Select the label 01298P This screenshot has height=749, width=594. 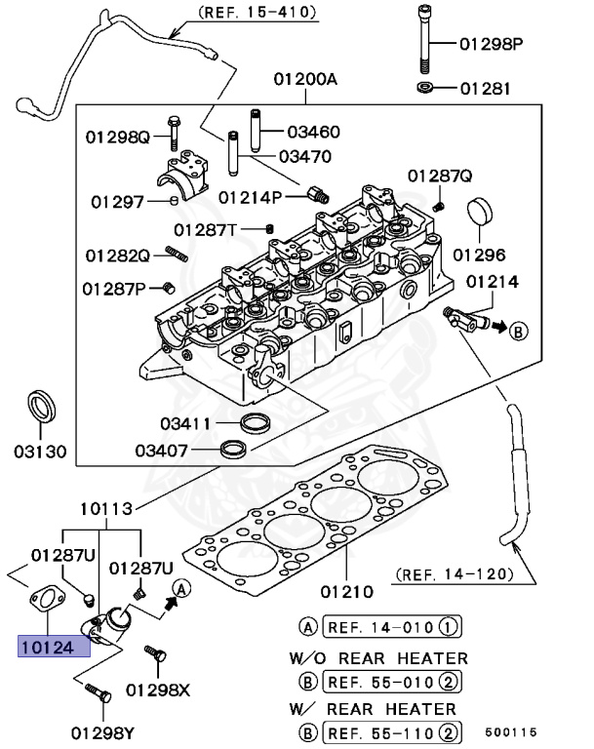(492, 44)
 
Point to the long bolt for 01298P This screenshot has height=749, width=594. (425, 41)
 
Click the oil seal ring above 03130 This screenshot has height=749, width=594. (40, 405)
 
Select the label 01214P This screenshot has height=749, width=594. (251, 196)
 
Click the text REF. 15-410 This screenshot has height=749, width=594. (258, 13)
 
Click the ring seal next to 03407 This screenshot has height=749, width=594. (233, 449)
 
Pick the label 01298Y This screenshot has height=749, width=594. (102, 731)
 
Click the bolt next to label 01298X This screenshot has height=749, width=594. (151, 653)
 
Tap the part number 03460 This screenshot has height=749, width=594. (313, 131)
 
